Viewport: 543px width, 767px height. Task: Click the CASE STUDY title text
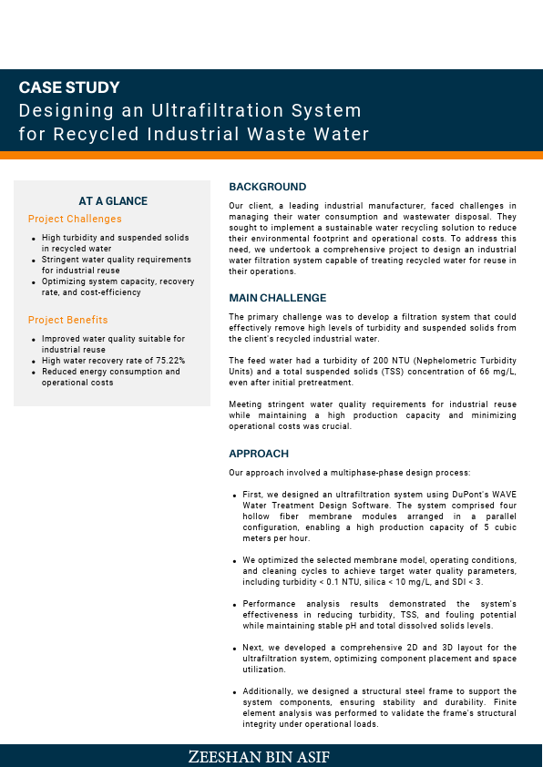point(69,88)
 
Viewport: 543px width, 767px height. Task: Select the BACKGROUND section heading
point(268,187)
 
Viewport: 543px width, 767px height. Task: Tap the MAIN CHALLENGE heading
point(277,298)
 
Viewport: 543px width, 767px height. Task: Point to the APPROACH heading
point(259,454)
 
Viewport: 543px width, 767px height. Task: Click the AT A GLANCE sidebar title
point(113,201)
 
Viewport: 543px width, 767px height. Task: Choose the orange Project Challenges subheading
point(75,219)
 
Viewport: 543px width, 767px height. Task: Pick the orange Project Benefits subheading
point(67,320)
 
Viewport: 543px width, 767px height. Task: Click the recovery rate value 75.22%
point(168,361)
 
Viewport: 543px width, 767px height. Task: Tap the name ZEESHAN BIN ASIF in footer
point(271,757)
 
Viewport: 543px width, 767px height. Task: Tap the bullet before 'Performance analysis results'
point(236,605)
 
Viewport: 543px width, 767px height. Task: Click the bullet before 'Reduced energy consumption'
point(34,373)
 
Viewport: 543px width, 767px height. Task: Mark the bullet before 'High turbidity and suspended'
point(34,238)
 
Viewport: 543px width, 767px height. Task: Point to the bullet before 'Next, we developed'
point(236,648)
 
